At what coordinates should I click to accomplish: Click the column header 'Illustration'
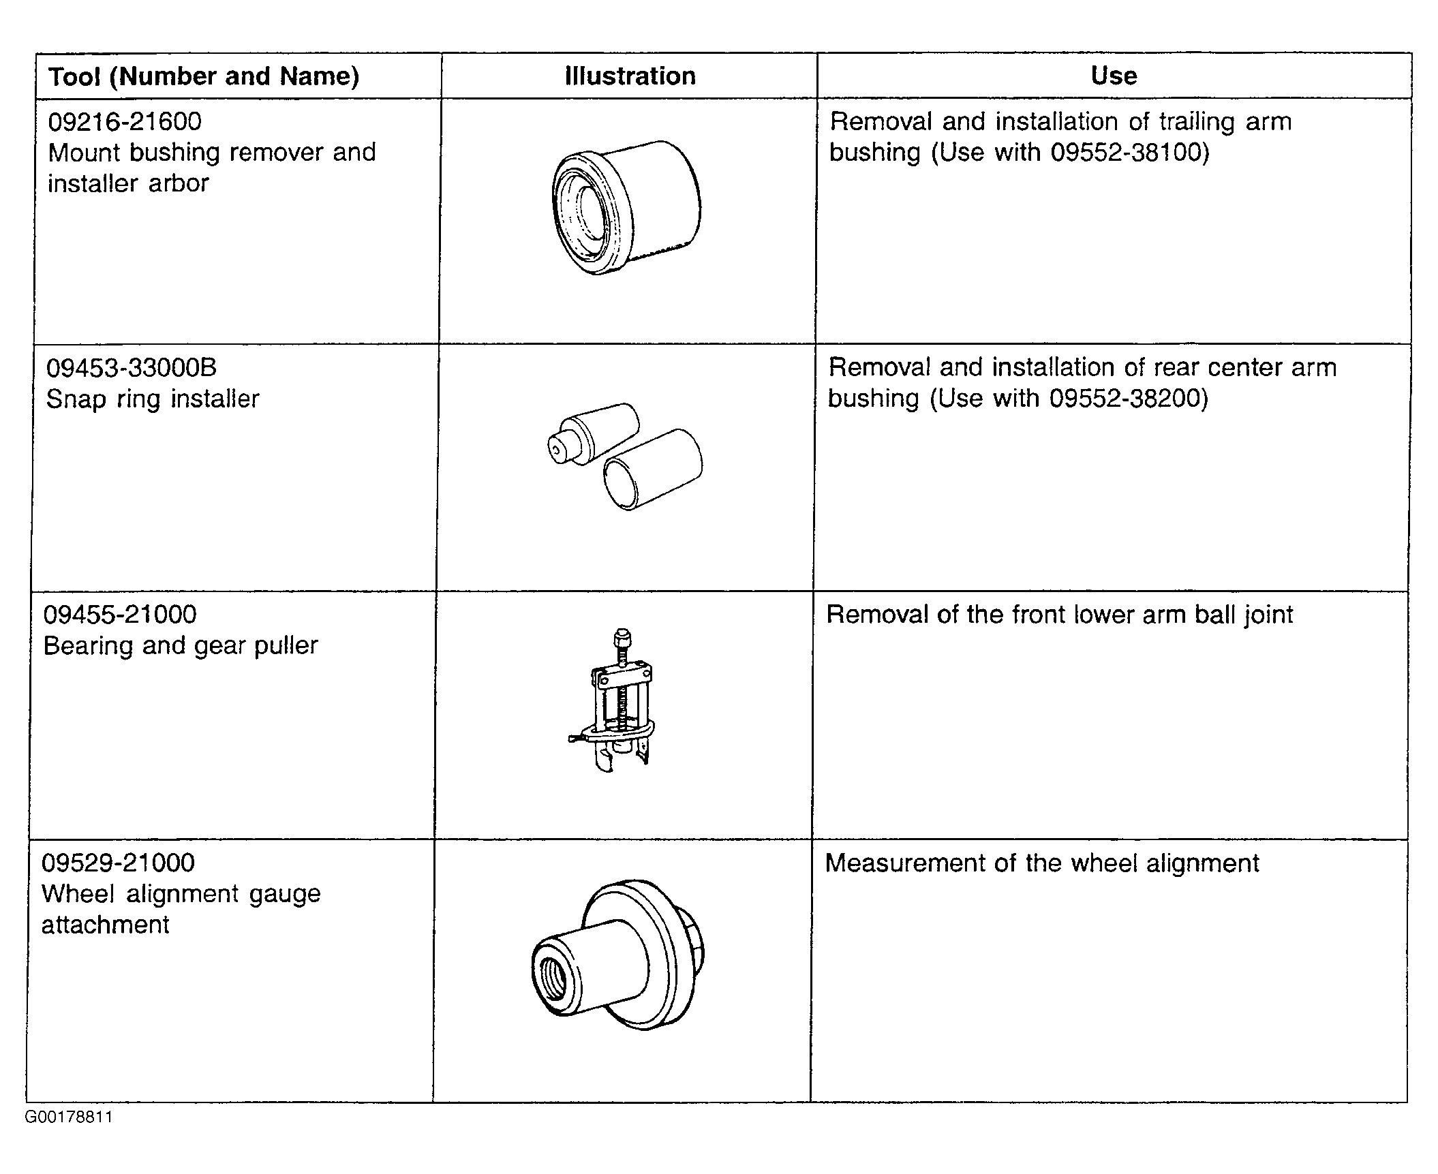pos(630,76)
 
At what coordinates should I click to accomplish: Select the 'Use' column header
pos(1114,76)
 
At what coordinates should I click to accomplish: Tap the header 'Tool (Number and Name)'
pos(204,76)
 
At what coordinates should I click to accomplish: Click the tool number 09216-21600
pos(125,122)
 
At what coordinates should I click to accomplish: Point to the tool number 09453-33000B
pos(131,368)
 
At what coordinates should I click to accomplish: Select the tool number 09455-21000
pos(120,615)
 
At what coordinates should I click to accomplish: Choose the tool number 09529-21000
pos(119,863)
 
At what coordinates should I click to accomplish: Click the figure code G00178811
pos(69,1117)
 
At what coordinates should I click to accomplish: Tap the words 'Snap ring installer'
pos(153,399)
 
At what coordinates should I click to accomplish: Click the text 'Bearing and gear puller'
pos(181,646)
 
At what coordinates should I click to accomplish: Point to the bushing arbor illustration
pos(626,208)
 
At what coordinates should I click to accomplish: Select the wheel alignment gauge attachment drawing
pos(617,954)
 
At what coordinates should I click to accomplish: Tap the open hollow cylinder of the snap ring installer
pos(653,469)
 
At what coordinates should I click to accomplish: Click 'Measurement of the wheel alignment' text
pos(1042,863)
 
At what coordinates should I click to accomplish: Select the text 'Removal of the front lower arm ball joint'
pos(1060,615)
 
